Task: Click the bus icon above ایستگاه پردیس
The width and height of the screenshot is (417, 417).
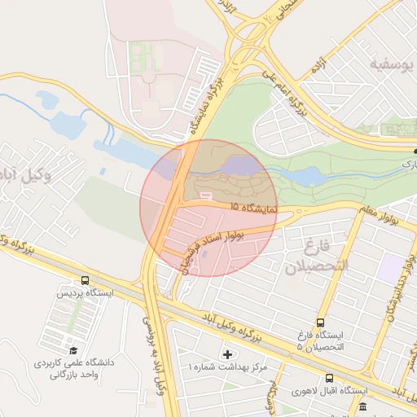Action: coord(86,280)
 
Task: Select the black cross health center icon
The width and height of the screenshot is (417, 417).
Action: coord(226,354)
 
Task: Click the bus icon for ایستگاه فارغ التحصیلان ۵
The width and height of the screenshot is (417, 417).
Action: coord(320,323)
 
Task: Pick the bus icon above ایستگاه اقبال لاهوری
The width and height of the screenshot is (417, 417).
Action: coord(329,378)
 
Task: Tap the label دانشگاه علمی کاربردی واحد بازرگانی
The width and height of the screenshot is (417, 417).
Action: coord(74,368)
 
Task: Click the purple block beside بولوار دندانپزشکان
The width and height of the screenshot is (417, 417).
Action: coord(389,268)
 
